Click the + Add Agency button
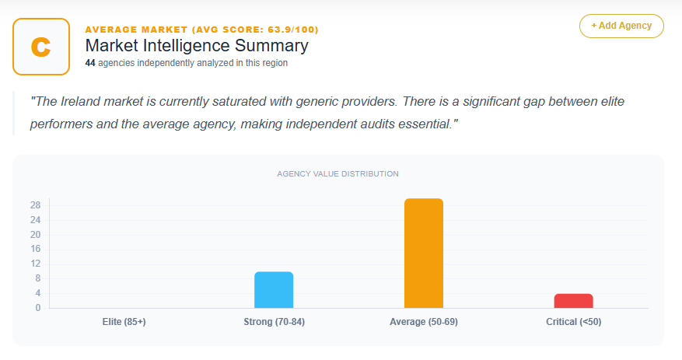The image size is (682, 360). [x=621, y=26]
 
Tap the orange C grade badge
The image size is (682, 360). [x=41, y=47]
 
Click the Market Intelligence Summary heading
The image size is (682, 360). [x=196, y=46]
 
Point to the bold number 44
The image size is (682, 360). [x=90, y=63]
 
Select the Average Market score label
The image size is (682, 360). [x=201, y=30]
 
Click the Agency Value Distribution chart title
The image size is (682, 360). [x=338, y=173]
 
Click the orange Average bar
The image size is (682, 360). [x=423, y=253]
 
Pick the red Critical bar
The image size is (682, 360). [x=573, y=300]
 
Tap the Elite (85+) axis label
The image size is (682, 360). [x=124, y=322]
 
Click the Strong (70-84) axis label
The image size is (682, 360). [x=274, y=322]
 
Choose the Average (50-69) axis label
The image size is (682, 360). [x=423, y=322]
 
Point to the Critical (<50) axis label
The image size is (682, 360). [x=573, y=322]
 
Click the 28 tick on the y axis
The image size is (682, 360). [x=35, y=205]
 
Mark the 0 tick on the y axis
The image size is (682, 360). [x=37, y=308]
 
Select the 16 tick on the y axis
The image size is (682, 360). [x=35, y=249]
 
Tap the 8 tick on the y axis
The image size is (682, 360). [x=37, y=278]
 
